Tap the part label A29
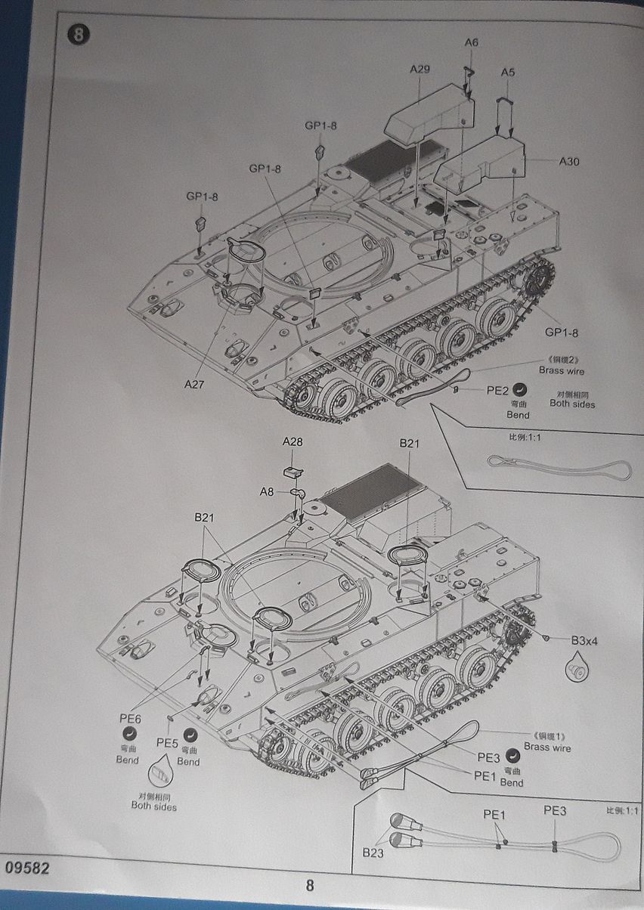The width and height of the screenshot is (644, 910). (420, 70)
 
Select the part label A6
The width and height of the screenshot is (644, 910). (471, 42)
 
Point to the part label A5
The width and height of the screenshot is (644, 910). (508, 72)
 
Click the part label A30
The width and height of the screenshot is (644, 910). (569, 161)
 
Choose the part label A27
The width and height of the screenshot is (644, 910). (194, 383)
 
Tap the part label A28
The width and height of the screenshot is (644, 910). (292, 441)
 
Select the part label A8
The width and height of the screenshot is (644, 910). (267, 491)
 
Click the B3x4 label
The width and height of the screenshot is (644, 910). (584, 640)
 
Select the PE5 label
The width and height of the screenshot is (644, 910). (167, 743)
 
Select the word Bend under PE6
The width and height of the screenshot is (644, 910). (128, 760)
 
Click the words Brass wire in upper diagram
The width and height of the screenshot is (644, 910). (562, 371)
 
